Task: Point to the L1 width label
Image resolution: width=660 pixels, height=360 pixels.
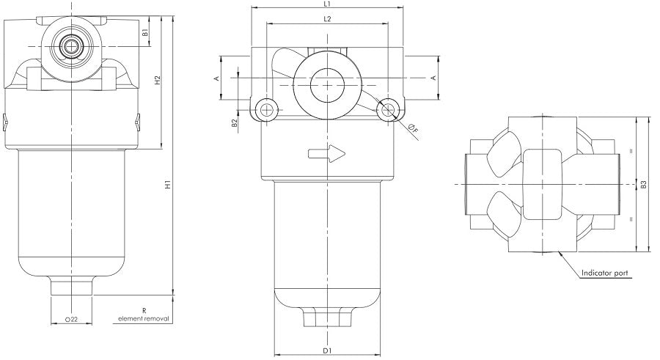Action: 326,4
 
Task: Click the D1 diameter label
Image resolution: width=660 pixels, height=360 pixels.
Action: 326,350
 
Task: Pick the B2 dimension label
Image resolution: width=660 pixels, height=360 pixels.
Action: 234,124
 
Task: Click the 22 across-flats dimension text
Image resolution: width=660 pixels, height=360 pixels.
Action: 71,320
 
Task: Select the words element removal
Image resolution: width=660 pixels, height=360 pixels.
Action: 144,320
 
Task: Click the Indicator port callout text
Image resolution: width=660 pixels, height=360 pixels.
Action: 604,273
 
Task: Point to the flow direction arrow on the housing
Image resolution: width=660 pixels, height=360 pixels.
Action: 326,154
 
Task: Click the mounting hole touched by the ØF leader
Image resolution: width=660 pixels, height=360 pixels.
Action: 386,110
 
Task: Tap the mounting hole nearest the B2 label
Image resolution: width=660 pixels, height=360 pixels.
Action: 266,110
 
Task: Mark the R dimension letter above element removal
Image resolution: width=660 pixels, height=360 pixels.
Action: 144,312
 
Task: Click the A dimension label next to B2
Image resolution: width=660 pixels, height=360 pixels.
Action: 217,77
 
